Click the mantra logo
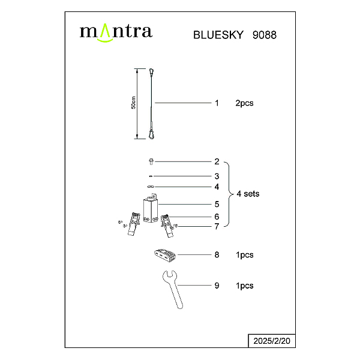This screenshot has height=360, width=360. click(x=116, y=32)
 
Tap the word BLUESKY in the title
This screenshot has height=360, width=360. click(x=218, y=35)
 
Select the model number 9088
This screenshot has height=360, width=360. click(x=265, y=35)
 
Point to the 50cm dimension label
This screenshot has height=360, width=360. click(x=133, y=103)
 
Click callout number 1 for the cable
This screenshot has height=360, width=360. click(x=217, y=103)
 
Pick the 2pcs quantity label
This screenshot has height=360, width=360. click(x=244, y=103)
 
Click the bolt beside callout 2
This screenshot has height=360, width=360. click(x=151, y=161)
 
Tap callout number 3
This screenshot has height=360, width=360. click(x=217, y=176)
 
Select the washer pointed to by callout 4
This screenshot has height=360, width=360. click(x=151, y=187)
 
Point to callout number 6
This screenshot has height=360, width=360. click(x=217, y=217)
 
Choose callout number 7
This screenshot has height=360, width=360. click(x=217, y=227)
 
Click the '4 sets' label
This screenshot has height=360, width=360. click(x=248, y=194)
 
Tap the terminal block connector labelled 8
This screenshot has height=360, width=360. click(x=165, y=255)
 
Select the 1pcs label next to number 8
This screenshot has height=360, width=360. click(x=245, y=255)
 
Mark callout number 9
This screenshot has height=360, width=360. click(x=217, y=286)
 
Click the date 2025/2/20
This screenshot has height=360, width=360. click(x=272, y=341)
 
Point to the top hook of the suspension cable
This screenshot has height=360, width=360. click(x=151, y=72)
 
